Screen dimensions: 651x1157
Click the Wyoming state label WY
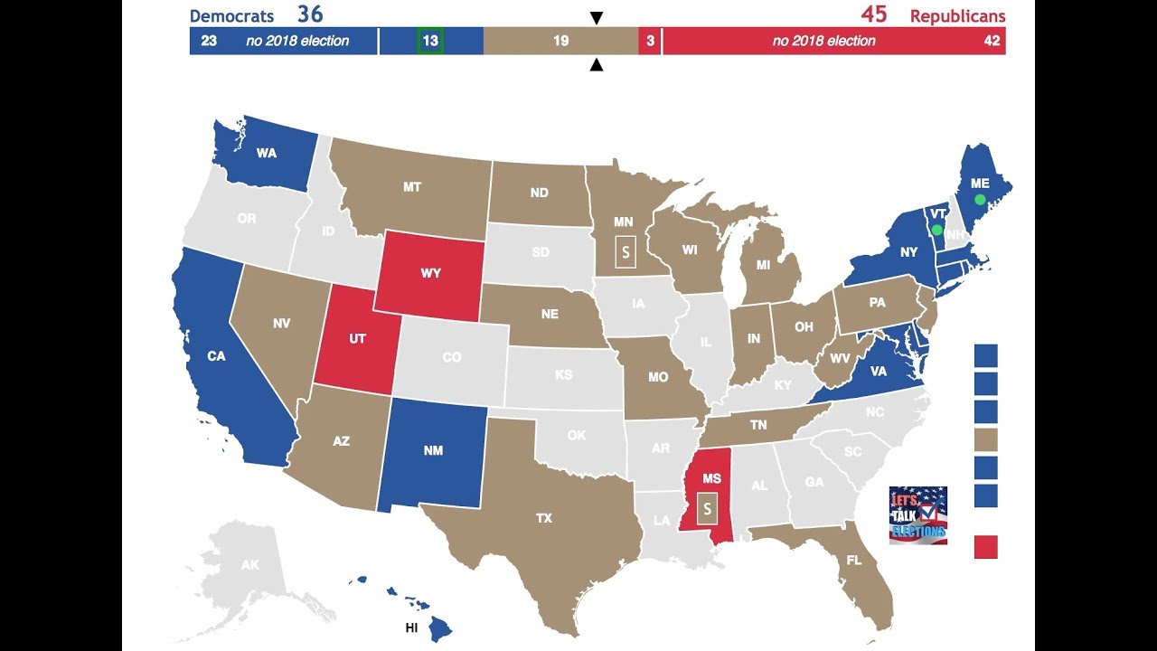click(x=430, y=273)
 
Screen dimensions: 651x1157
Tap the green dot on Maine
click(x=980, y=199)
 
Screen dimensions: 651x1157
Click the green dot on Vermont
click(x=936, y=230)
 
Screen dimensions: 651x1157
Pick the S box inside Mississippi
click(x=708, y=508)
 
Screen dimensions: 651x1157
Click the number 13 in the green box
click(x=430, y=41)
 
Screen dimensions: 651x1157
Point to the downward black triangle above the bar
click(x=596, y=18)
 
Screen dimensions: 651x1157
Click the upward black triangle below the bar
click(x=596, y=64)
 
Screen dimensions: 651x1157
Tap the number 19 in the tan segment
click(x=560, y=41)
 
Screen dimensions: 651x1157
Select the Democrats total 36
click(x=310, y=14)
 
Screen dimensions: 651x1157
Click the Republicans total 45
click(x=873, y=14)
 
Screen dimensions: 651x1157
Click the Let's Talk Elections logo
click(x=918, y=514)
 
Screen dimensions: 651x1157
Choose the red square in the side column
click(x=986, y=547)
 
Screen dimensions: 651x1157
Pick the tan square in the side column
click(x=986, y=439)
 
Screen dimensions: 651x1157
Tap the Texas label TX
click(x=543, y=518)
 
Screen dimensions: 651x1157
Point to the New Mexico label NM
click(x=433, y=451)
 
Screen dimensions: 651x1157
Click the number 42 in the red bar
click(x=992, y=41)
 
